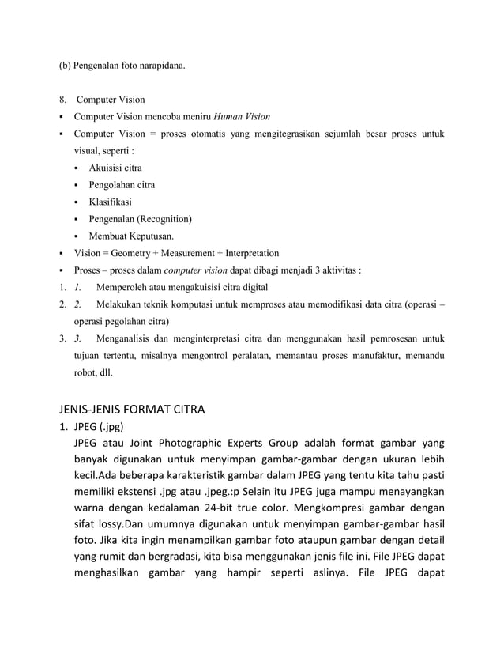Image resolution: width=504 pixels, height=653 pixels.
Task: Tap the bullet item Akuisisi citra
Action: (x=115, y=168)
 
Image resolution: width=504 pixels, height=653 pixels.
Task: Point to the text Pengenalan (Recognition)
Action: (x=140, y=219)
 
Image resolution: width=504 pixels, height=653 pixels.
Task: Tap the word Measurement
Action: (x=184, y=253)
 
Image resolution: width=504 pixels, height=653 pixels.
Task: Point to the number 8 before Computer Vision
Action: (x=62, y=100)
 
